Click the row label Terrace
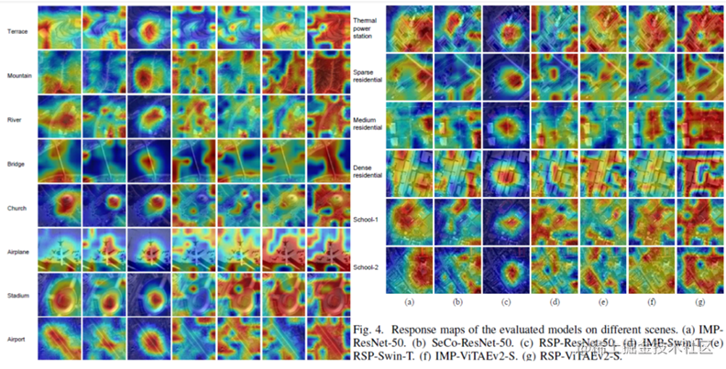pos(16,30)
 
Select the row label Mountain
pos(17,75)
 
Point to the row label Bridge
pos(15,164)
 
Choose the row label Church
pos(16,208)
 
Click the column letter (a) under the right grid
pos(409,300)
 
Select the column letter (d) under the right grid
pos(555,300)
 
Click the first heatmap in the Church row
pos(59,207)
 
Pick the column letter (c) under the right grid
pos(507,300)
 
